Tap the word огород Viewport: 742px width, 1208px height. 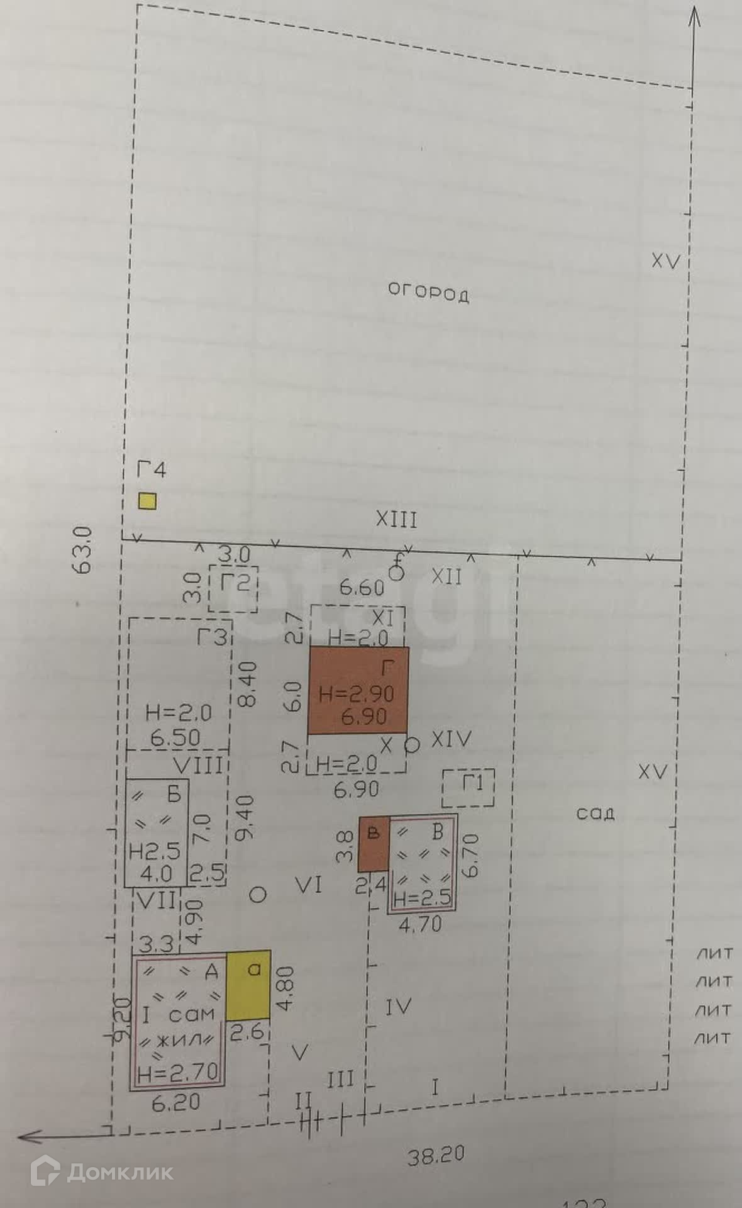tap(428, 293)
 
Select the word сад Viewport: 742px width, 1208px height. tap(595, 814)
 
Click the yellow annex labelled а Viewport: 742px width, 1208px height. tap(249, 985)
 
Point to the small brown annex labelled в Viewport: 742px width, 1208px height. tap(374, 844)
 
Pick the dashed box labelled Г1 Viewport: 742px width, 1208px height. tap(468, 788)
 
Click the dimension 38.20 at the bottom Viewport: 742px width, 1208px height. tap(436, 1155)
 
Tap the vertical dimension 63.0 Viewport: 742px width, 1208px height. tap(84, 549)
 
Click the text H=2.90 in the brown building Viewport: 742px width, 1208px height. tap(357, 694)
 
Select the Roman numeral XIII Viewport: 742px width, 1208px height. tap(396, 520)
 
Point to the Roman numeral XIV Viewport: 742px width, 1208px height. tap(451, 739)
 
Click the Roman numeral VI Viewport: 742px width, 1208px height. tap(308, 885)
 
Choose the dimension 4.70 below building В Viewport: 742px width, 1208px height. tap(420, 924)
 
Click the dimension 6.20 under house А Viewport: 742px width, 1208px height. tap(176, 1102)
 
